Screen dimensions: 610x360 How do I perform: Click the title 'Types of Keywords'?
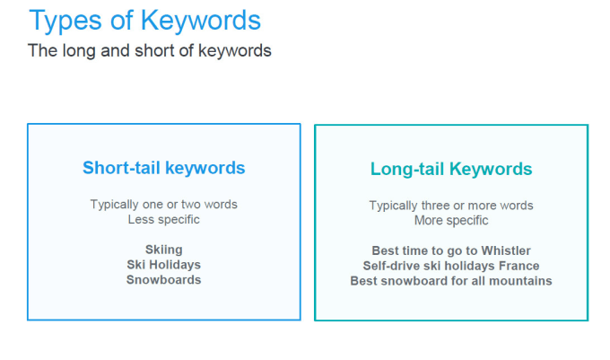click(x=144, y=22)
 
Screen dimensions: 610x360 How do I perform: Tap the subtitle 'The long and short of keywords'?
click(x=150, y=51)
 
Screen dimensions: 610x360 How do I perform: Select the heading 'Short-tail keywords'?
click(x=164, y=169)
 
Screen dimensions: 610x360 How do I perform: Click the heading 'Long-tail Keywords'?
click(x=451, y=170)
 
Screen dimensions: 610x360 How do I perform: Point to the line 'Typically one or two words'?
click(x=164, y=205)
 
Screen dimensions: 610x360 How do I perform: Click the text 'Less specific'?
click(x=164, y=220)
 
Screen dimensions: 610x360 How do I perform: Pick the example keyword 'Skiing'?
click(x=164, y=250)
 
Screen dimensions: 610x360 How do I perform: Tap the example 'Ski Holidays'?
click(x=164, y=265)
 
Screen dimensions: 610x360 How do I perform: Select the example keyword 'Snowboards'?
click(x=164, y=280)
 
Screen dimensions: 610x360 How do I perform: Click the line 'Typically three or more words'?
click(x=451, y=206)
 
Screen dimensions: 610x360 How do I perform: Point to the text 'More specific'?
click(x=451, y=221)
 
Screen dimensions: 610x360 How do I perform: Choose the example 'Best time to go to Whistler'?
click(x=451, y=250)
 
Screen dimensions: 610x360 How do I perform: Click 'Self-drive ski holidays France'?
click(x=451, y=266)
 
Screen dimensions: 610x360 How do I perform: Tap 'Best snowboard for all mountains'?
click(x=451, y=281)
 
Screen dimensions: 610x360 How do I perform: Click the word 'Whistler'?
click(x=506, y=250)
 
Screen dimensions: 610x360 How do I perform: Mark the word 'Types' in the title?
click(x=65, y=22)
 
